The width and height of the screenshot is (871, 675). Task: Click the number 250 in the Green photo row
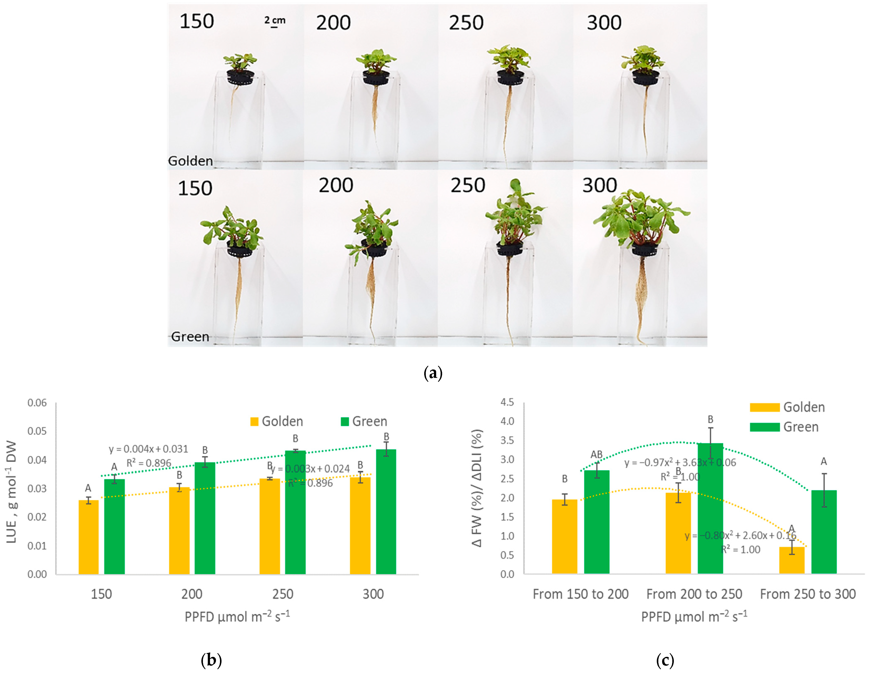468,185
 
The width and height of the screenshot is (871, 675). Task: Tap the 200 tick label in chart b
192,594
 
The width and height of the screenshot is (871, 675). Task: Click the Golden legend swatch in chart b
254,421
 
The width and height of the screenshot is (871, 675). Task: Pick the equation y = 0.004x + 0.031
148,449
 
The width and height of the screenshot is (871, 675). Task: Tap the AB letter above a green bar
596,454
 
